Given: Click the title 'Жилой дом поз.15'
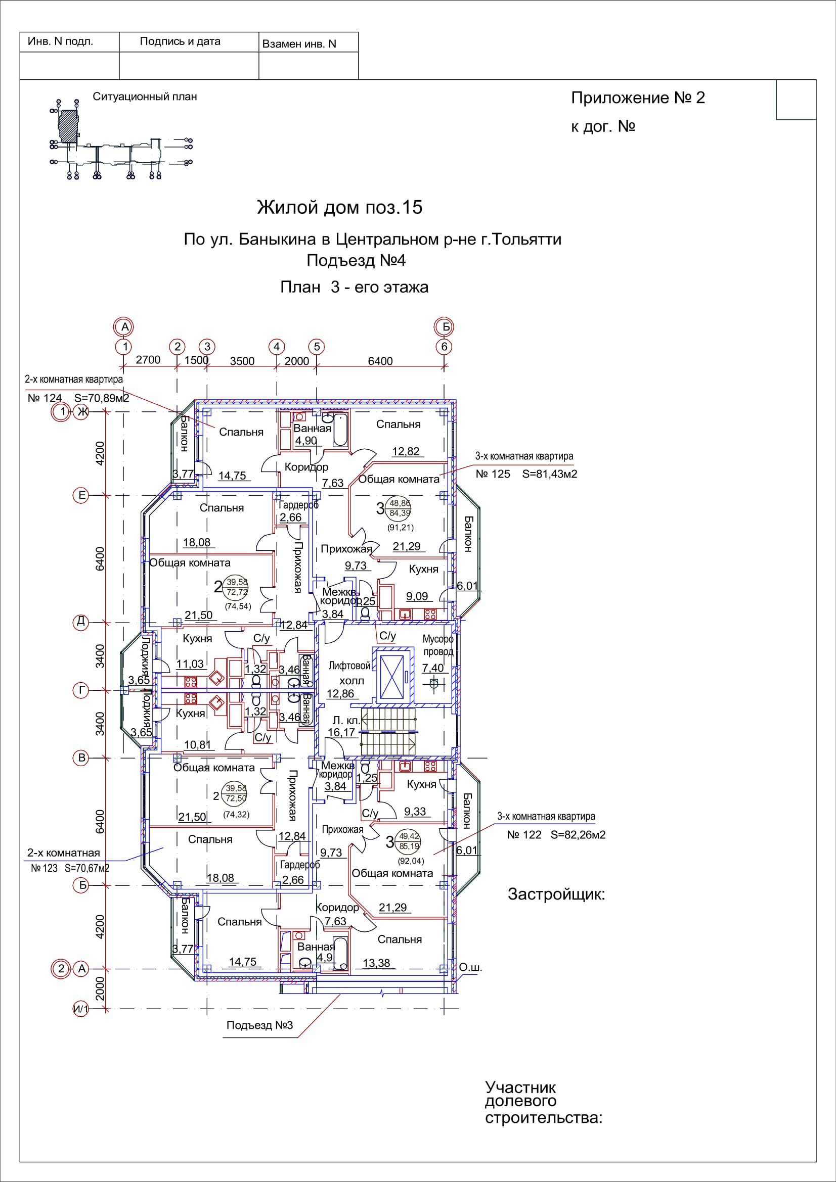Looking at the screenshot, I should [339, 208].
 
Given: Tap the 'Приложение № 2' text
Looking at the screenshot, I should [638, 98].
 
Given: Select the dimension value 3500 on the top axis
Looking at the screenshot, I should [242, 361].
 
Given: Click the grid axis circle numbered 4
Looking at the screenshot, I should [277, 347].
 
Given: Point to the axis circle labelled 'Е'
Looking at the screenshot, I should [81, 495].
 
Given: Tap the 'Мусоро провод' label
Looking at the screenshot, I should [438, 645].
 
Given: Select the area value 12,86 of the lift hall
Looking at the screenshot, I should [340, 694].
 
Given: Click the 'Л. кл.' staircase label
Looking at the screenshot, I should [346, 721].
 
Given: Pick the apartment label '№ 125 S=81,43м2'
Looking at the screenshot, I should [526, 474].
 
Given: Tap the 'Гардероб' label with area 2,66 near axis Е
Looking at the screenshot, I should [299, 505].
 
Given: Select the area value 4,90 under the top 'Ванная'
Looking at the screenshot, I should [306, 441].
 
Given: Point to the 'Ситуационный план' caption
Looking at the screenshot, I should [145, 97].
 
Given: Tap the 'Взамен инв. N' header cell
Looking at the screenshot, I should [299, 44].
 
